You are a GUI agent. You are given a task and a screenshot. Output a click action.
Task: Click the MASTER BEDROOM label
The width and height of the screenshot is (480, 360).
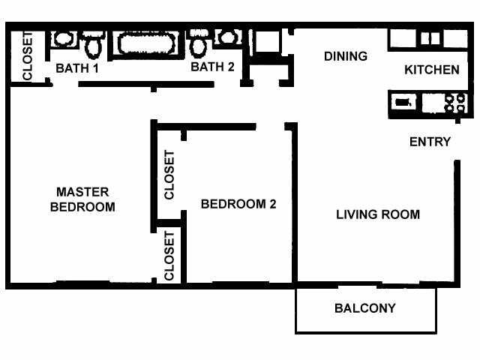[82, 199]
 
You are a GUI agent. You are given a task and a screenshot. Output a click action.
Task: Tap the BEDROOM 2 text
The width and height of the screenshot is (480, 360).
[233, 204]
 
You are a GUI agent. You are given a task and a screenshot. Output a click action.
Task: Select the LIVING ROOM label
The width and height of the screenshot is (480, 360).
[377, 214]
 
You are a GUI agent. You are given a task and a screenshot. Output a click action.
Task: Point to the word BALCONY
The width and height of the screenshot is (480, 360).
[365, 308]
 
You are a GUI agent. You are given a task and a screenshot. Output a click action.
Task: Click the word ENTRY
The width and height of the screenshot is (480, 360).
[430, 142]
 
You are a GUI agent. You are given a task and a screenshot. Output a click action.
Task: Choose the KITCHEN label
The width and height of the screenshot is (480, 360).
[431, 70]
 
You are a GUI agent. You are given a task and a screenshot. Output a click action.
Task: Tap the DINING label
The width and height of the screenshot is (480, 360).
[345, 56]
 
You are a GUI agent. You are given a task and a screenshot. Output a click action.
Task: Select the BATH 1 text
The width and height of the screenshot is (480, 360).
[77, 68]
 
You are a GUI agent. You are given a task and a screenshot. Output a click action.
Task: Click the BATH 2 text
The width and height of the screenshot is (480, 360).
[212, 67]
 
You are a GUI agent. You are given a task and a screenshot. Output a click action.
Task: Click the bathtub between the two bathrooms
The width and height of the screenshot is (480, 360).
[146, 44]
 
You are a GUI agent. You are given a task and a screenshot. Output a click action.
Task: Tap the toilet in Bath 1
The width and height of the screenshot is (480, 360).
[94, 46]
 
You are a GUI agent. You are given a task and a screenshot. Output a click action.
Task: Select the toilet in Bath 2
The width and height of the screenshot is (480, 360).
[199, 46]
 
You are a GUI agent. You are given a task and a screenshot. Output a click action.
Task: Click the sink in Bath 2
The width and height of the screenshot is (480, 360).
[226, 37]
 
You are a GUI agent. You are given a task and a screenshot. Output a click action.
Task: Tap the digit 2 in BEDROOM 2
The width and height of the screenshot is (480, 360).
[262, 204]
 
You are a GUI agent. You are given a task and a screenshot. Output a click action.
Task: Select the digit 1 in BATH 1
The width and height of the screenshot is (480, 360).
[95, 68]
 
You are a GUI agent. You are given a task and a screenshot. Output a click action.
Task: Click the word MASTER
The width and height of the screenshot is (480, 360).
[82, 192]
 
